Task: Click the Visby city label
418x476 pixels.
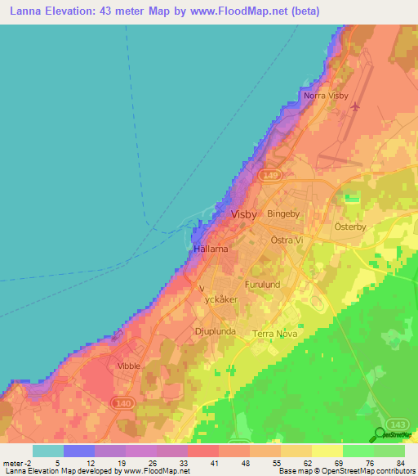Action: pos(244,213)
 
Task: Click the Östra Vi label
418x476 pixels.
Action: pos(287,240)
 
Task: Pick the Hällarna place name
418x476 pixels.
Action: pos(211,247)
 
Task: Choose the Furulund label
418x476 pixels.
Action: pos(263,285)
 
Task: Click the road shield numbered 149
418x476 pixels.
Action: pos(269,175)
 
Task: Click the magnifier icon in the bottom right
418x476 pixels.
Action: pos(381,433)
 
